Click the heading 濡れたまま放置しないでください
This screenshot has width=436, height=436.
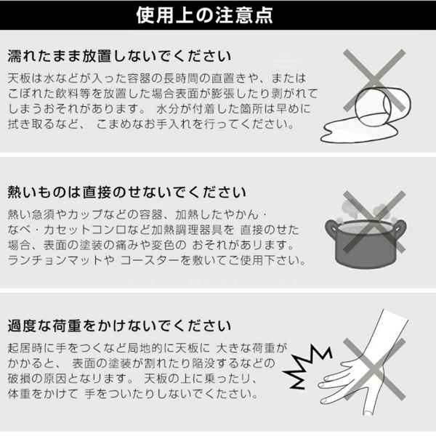(x=119, y=56)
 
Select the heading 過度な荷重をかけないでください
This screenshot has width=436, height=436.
(x=119, y=326)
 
